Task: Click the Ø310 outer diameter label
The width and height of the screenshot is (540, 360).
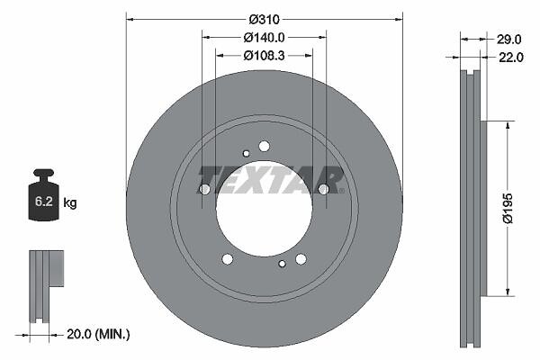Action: pyautogui.click(x=264, y=20)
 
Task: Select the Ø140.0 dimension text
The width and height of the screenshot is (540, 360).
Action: pyautogui.click(x=264, y=38)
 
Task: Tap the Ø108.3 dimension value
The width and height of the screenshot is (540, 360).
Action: pyautogui.click(x=264, y=56)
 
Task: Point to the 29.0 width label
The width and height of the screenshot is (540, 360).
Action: pyautogui.click(x=509, y=40)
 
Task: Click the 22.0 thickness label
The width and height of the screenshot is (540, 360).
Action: pyautogui.click(x=511, y=58)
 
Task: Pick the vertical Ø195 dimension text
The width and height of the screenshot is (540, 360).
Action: pyautogui.click(x=508, y=209)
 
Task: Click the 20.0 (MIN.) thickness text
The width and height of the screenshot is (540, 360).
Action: pyautogui.click(x=98, y=334)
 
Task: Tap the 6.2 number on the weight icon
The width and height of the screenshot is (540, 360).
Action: pyautogui.click(x=44, y=202)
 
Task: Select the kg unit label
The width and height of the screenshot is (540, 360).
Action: pyautogui.click(x=70, y=202)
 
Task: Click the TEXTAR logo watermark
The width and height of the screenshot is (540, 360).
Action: pyautogui.click(x=271, y=180)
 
